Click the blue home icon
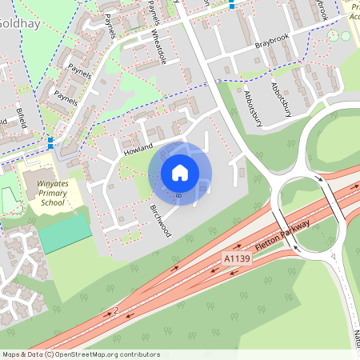click(180, 173)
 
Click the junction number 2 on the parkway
click(116, 310)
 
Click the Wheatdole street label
click(164, 49)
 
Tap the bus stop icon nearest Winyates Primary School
click(50, 142)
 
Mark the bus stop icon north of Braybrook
click(232, 4)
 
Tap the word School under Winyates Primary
click(52, 202)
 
